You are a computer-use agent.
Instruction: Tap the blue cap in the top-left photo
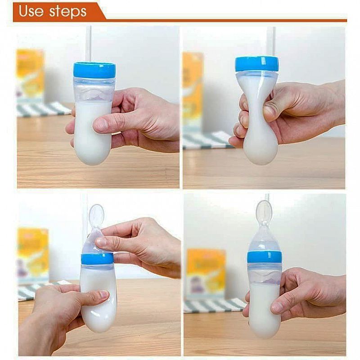tap(94, 70)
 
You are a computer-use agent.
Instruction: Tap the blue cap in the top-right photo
tap(256, 63)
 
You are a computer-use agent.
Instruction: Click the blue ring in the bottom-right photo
tap(264, 257)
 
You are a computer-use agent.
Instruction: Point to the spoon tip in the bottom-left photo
tap(96, 212)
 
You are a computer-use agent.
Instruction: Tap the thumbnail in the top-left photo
tap(102, 124)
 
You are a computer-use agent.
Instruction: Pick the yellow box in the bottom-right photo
tap(206, 273)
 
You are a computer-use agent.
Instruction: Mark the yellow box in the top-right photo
tap(193, 90)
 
